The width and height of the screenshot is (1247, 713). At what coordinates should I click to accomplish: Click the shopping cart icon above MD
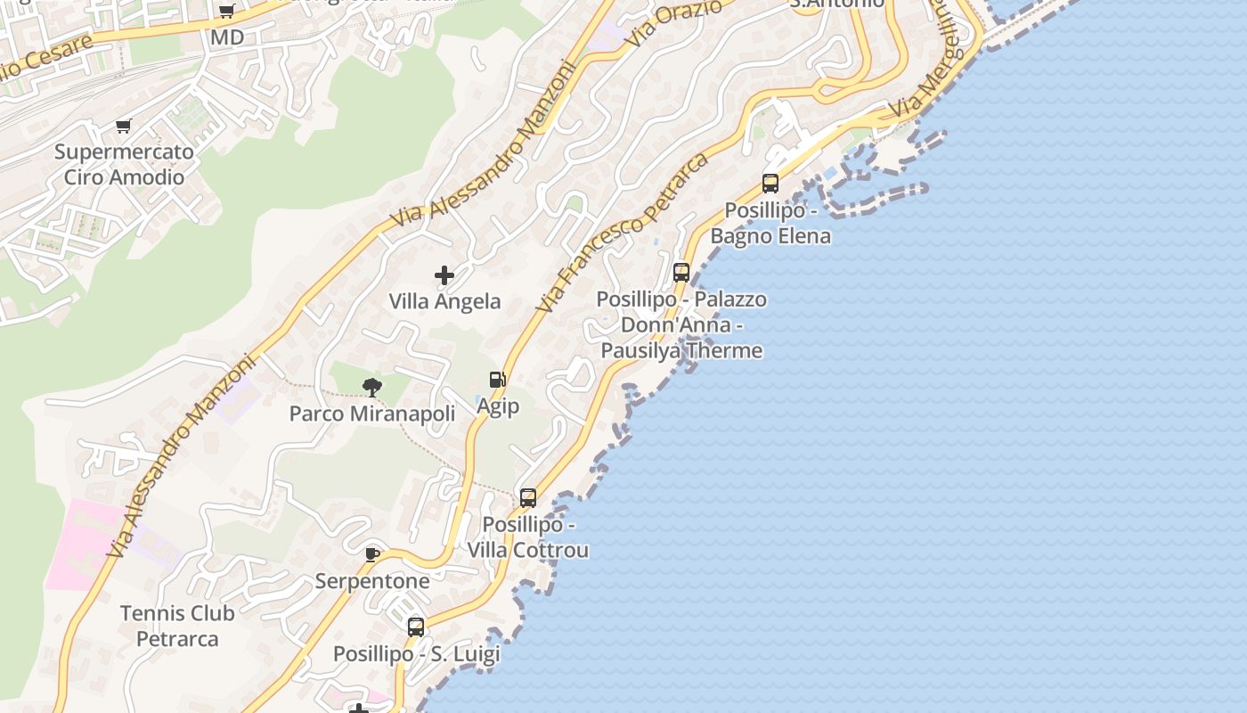tap(226, 12)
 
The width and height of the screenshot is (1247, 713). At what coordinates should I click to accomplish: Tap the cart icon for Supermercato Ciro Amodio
tap(124, 126)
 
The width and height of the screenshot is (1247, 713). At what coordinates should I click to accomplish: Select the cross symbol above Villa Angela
tap(444, 275)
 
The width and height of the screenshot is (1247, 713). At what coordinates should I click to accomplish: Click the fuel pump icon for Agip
tap(498, 381)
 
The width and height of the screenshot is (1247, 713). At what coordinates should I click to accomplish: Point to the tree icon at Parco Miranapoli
tap(372, 388)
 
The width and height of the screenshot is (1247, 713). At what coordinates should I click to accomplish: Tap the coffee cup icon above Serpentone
tap(372, 555)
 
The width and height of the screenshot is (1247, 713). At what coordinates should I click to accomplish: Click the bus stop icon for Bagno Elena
tap(770, 184)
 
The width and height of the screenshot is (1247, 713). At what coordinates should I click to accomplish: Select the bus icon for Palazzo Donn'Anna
tap(681, 273)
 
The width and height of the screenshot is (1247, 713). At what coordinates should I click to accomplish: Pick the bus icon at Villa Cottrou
tap(528, 498)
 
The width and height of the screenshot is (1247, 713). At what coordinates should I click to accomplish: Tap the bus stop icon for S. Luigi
tap(416, 627)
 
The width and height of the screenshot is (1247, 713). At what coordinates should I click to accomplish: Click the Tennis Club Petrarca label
tap(177, 626)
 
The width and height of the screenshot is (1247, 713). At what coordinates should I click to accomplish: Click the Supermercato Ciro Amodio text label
tap(124, 164)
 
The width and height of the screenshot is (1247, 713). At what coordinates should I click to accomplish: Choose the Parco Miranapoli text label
tap(372, 414)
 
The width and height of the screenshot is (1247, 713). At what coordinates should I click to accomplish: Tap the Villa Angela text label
tap(444, 301)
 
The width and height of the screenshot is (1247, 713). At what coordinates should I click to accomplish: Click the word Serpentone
tap(372, 581)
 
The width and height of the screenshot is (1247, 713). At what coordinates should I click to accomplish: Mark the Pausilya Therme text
tap(681, 350)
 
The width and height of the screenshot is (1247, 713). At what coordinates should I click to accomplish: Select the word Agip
tap(498, 406)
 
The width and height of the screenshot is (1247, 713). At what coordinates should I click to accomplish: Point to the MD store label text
tap(226, 37)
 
